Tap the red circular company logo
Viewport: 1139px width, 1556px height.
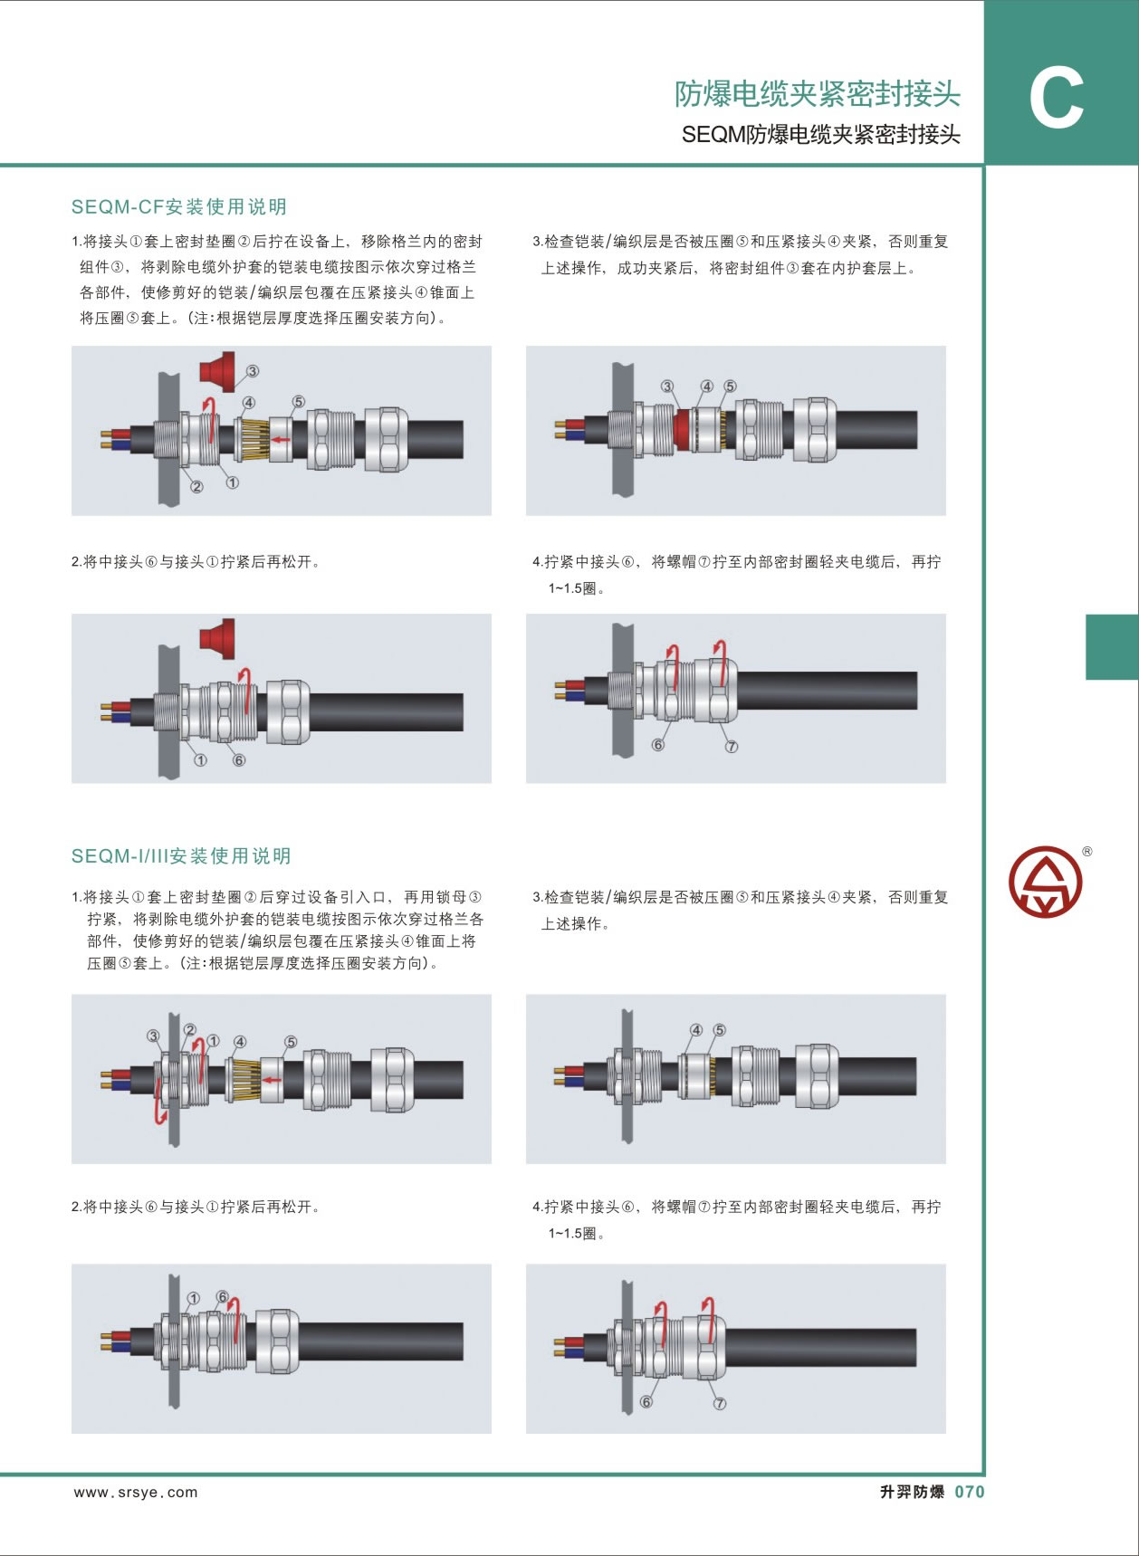click(1045, 882)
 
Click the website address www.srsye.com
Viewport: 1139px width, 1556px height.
click(136, 1493)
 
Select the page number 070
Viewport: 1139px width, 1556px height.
click(969, 1492)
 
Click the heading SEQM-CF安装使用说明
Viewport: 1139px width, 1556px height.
click(179, 206)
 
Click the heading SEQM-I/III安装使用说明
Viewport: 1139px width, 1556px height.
click(181, 855)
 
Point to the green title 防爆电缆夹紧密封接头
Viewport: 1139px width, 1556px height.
click(817, 93)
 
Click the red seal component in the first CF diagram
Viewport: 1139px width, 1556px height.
click(217, 371)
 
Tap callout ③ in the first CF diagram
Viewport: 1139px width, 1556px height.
click(253, 371)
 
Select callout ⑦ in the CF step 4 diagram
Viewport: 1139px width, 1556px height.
click(732, 747)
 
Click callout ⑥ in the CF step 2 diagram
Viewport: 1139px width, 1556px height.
click(239, 760)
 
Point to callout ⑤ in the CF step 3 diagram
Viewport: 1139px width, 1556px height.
click(730, 387)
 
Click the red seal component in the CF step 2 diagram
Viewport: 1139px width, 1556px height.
click(217, 638)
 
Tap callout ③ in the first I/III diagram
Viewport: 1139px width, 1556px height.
click(153, 1036)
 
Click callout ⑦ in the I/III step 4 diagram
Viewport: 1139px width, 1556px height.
click(720, 1404)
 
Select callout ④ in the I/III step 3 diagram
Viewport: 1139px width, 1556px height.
click(696, 1030)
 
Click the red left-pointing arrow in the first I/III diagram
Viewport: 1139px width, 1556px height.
click(271, 1080)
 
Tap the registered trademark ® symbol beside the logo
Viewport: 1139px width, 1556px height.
click(1087, 851)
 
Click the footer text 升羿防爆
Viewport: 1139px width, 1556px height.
click(912, 1492)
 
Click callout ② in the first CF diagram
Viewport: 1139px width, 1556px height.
click(196, 487)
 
